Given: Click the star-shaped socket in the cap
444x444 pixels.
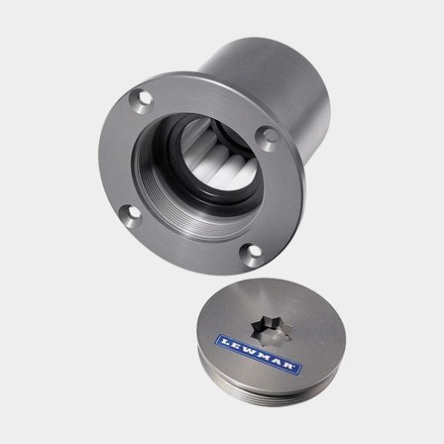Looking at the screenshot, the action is point(271,330).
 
